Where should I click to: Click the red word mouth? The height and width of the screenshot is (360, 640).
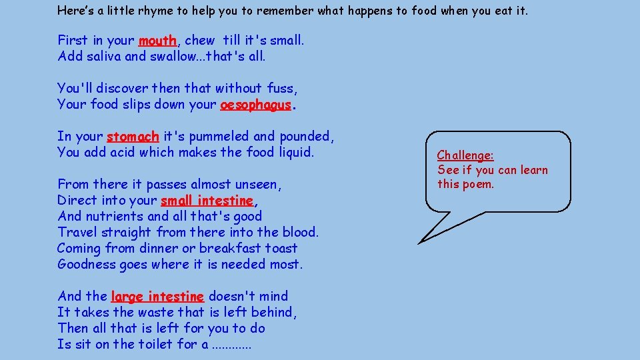point(157,41)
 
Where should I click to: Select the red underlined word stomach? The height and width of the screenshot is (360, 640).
point(133,137)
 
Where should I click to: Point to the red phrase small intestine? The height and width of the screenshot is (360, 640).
point(207,201)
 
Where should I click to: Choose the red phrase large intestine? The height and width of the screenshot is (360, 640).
point(157,297)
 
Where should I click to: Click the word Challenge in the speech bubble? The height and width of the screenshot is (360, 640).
point(465,155)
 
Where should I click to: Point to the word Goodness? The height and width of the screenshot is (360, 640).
point(86,265)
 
